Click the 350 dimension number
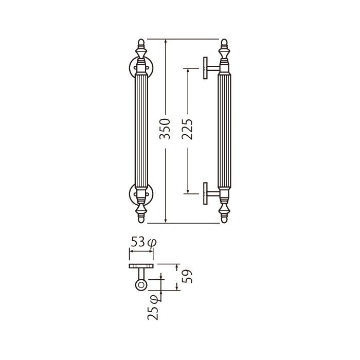pos(165,129)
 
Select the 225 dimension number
pos(187,129)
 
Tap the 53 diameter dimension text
pos(143,242)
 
